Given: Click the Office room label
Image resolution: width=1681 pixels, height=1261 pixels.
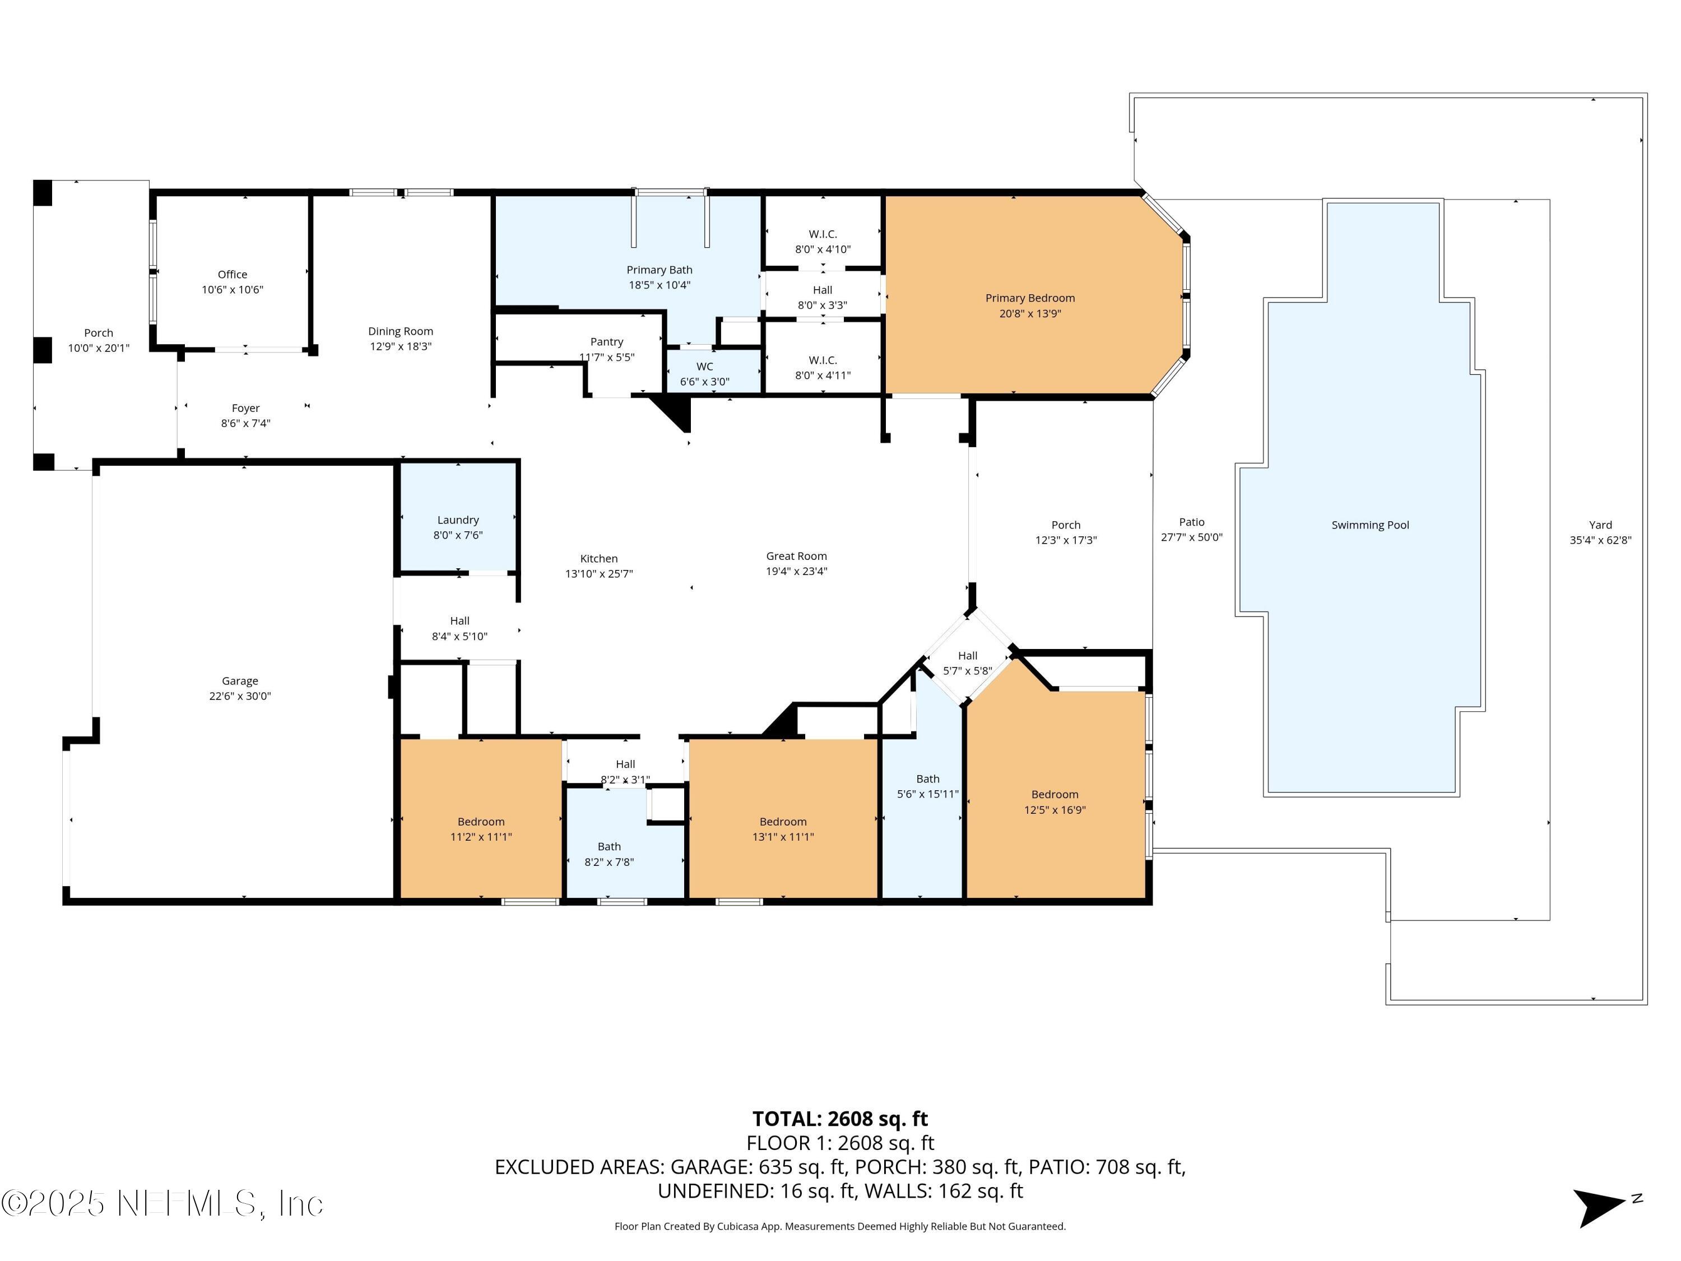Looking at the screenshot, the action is (233, 275).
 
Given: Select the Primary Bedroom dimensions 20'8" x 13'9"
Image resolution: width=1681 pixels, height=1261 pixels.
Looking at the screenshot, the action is (1030, 313).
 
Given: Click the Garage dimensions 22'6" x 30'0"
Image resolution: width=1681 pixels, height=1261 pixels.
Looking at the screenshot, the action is (240, 696).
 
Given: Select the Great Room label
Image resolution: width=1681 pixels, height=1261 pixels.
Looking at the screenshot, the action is (796, 557).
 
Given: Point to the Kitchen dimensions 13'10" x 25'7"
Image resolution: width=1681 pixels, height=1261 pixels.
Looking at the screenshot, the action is (599, 574).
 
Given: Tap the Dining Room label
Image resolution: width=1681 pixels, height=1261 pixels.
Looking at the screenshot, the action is (401, 331).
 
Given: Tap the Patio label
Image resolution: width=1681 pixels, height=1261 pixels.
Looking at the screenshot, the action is (1192, 522).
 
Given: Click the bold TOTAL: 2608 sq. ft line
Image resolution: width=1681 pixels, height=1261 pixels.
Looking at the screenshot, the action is (840, 1119).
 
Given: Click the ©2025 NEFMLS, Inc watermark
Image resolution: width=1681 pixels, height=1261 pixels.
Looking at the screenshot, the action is (162, 1203).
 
